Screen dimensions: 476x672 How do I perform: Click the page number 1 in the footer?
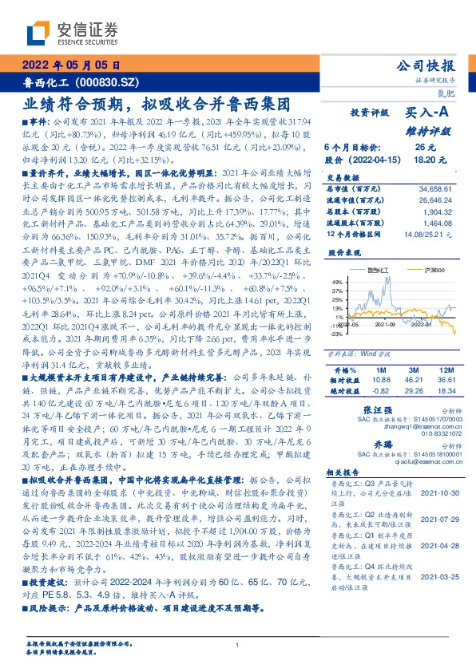[x=238, y=645]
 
